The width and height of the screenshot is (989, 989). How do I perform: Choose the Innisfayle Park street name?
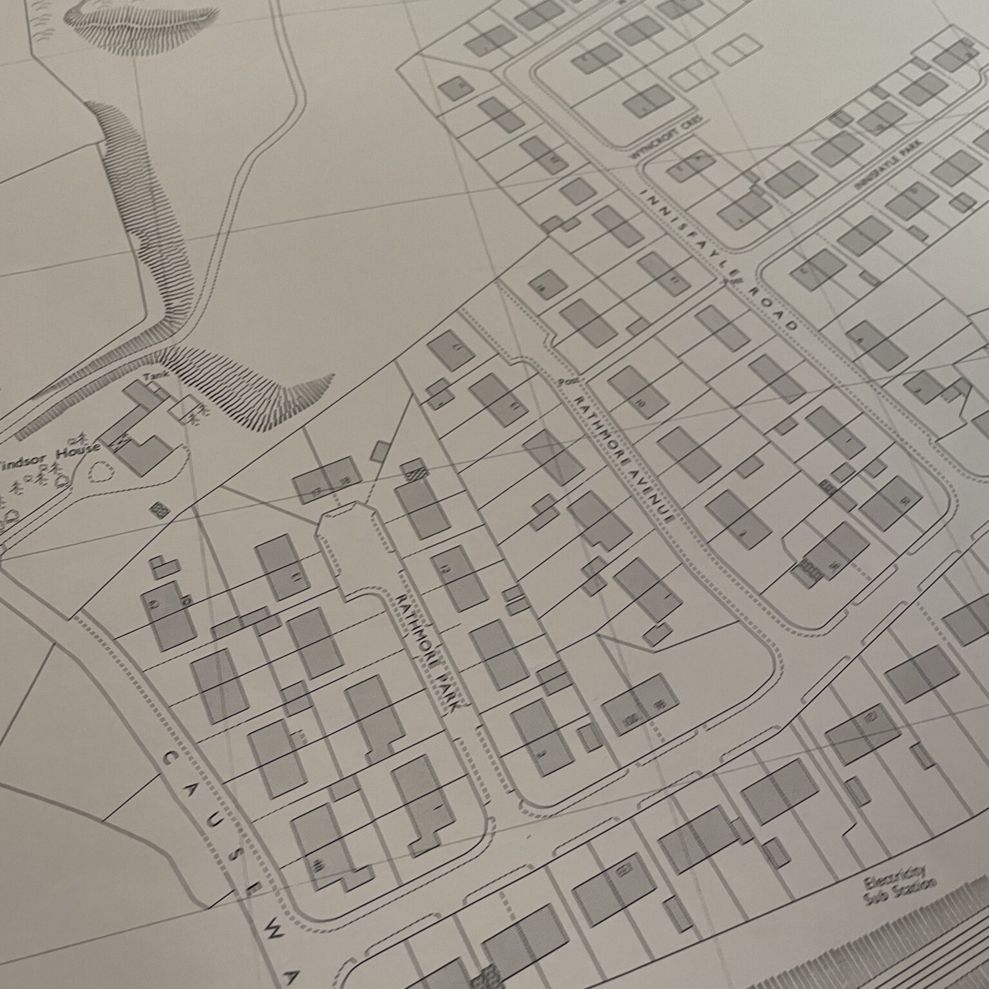coord(889,165)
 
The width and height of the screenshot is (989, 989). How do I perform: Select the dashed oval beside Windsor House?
coord(99,475)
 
